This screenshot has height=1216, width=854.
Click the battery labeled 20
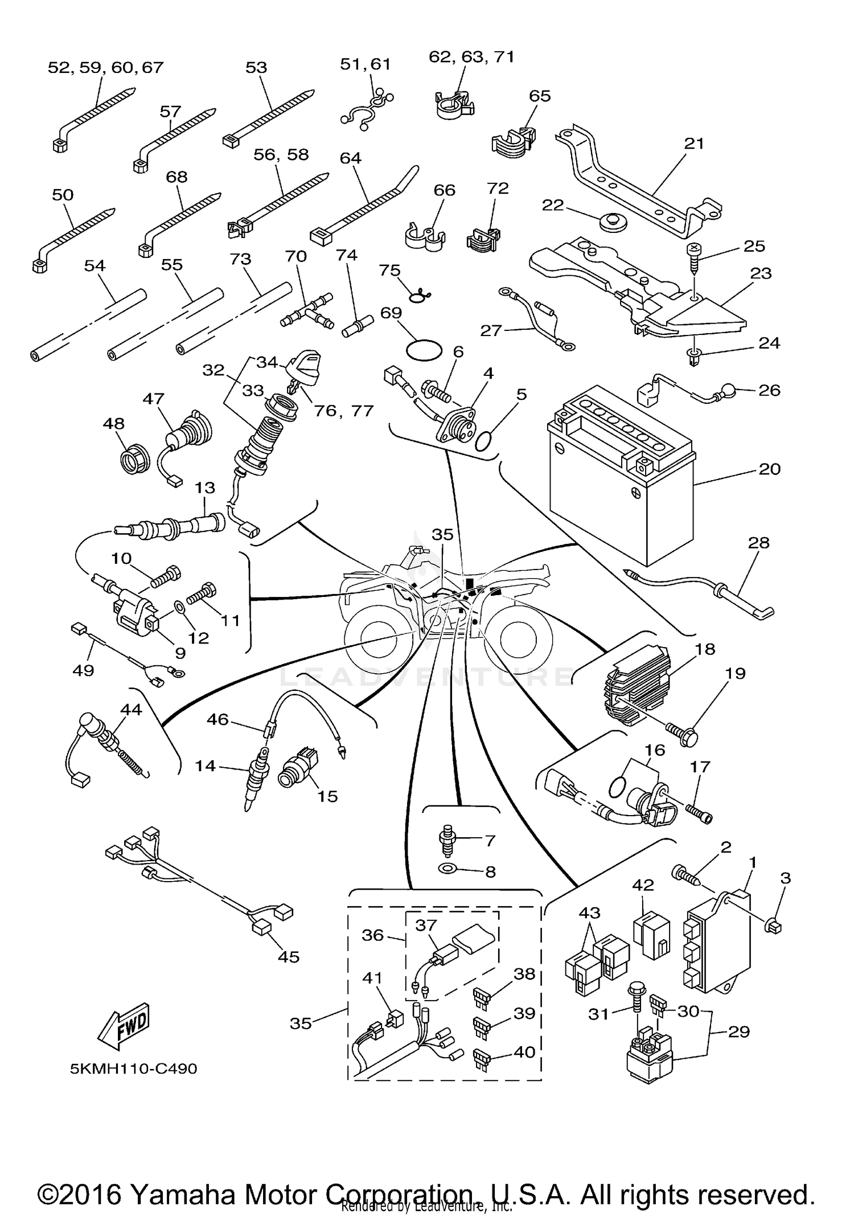(621, 478)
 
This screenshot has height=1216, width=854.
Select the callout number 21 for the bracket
(694, 143)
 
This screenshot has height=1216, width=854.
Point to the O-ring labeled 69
(425, 349)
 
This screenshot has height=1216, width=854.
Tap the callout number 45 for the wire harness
(288, 956)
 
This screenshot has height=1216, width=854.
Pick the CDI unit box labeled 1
(718, 945)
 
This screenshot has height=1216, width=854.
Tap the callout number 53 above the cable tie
(256, 67)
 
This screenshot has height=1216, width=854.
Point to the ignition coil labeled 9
(134, 615)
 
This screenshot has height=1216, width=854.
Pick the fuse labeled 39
(481, 1026)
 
